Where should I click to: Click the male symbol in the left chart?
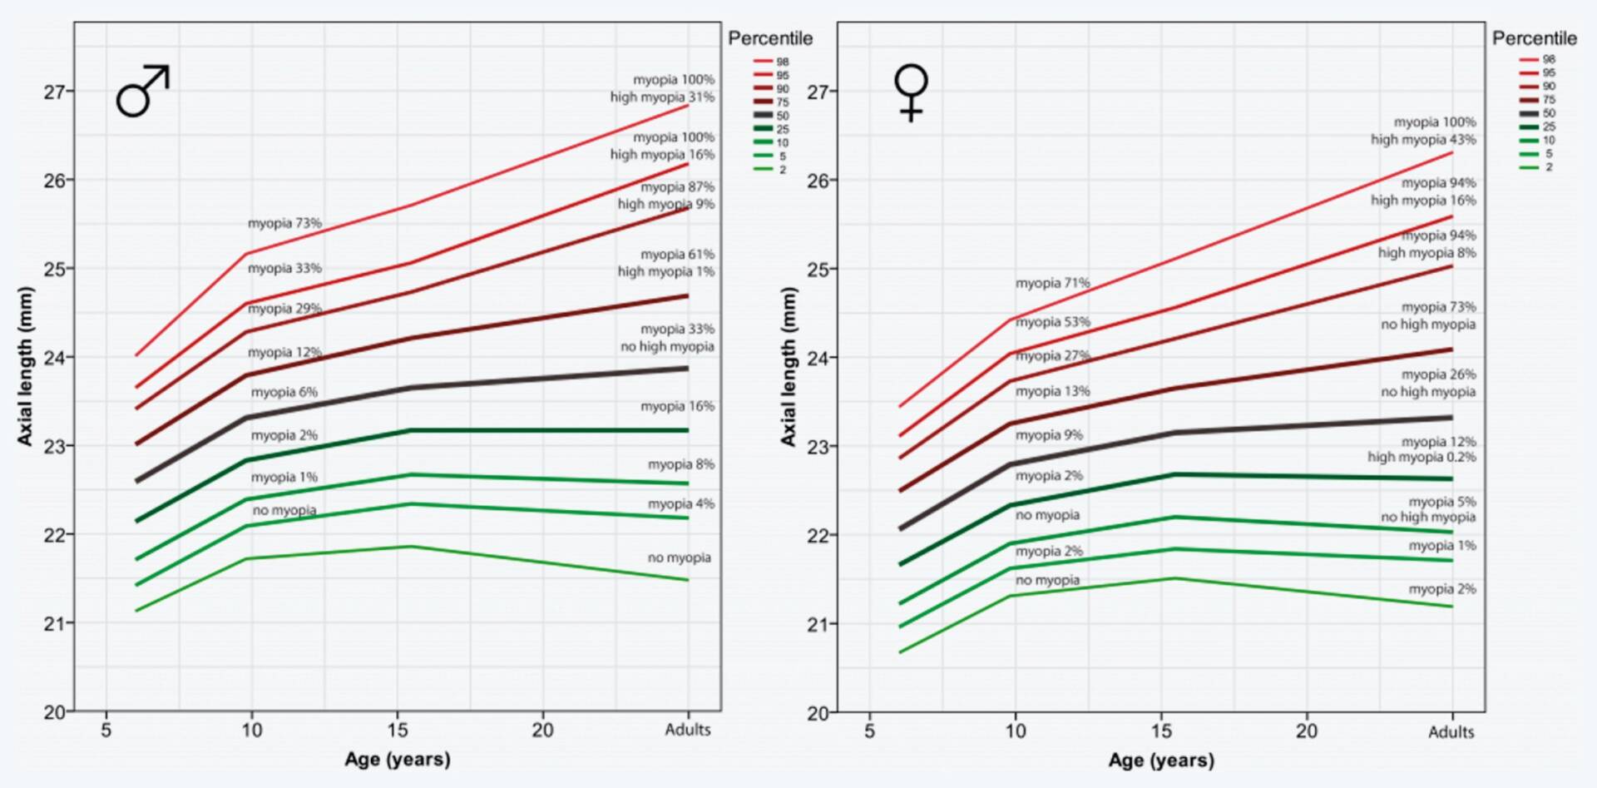tap(142, 91)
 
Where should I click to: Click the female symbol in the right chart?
tap(911, 92)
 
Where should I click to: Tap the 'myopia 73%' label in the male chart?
tap(284, 223)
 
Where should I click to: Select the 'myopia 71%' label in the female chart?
tap(1052, 283)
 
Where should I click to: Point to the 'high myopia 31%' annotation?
tap(662, 97)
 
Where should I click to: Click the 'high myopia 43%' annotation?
tap(1423, 140)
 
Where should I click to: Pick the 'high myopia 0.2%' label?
tap(1421, 457)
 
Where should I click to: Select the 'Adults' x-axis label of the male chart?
tap(688, 730)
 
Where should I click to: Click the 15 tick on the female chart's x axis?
tap(1161, 731)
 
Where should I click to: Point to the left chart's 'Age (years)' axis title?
tap(398, 759)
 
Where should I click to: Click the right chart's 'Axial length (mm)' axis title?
tap(789, 366)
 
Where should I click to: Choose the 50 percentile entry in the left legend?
tap(771, 116)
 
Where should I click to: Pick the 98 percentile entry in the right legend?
tap(1537, 59)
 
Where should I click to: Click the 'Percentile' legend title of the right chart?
tap(1534, 38)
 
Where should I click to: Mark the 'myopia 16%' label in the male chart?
tap(677, 406)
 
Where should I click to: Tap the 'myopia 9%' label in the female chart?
tap(1049, 434)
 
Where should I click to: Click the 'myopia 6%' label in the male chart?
tap(284, 392)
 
